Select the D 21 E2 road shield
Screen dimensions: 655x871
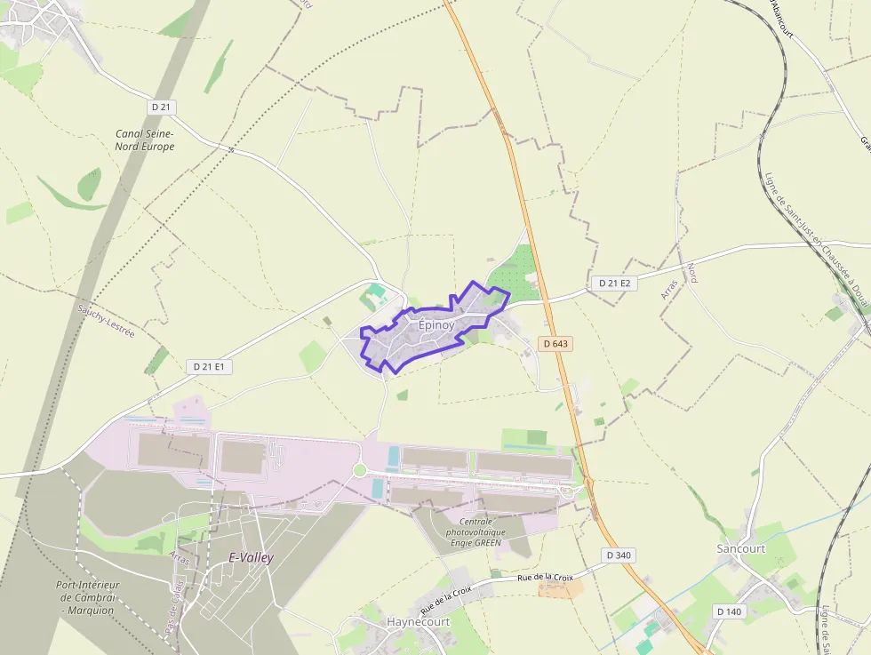pyautogui.click(x=614, y=283)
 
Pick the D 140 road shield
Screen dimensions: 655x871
pyautogui.click(x=728, y=611)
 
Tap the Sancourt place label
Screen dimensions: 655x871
pyautogui.click(x=740, y=548)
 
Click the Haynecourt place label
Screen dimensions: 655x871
pyautogui.click(x=418, y=622)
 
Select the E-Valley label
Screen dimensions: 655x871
pyautogui.click(x=252, y=558)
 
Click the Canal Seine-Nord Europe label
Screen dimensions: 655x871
pyautogui.click(x=145, y=140)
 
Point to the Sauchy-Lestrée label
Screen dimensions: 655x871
pyautogui.click(x=106, y=321)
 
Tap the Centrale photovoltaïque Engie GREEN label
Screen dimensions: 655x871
pyautogui.click(x=488, y=531)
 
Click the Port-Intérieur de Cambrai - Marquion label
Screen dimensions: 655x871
pyautogui.click(x=87, y=597)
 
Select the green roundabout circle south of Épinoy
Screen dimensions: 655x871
pyautogui.click(x=360, y=470)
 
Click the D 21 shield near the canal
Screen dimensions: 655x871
pyautogui.click(x=162, y=107)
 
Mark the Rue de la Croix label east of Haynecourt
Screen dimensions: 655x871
pyautogui.click(x=545, y=578)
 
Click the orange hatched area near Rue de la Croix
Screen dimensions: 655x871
pyautogui.click(x=562, y=588)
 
